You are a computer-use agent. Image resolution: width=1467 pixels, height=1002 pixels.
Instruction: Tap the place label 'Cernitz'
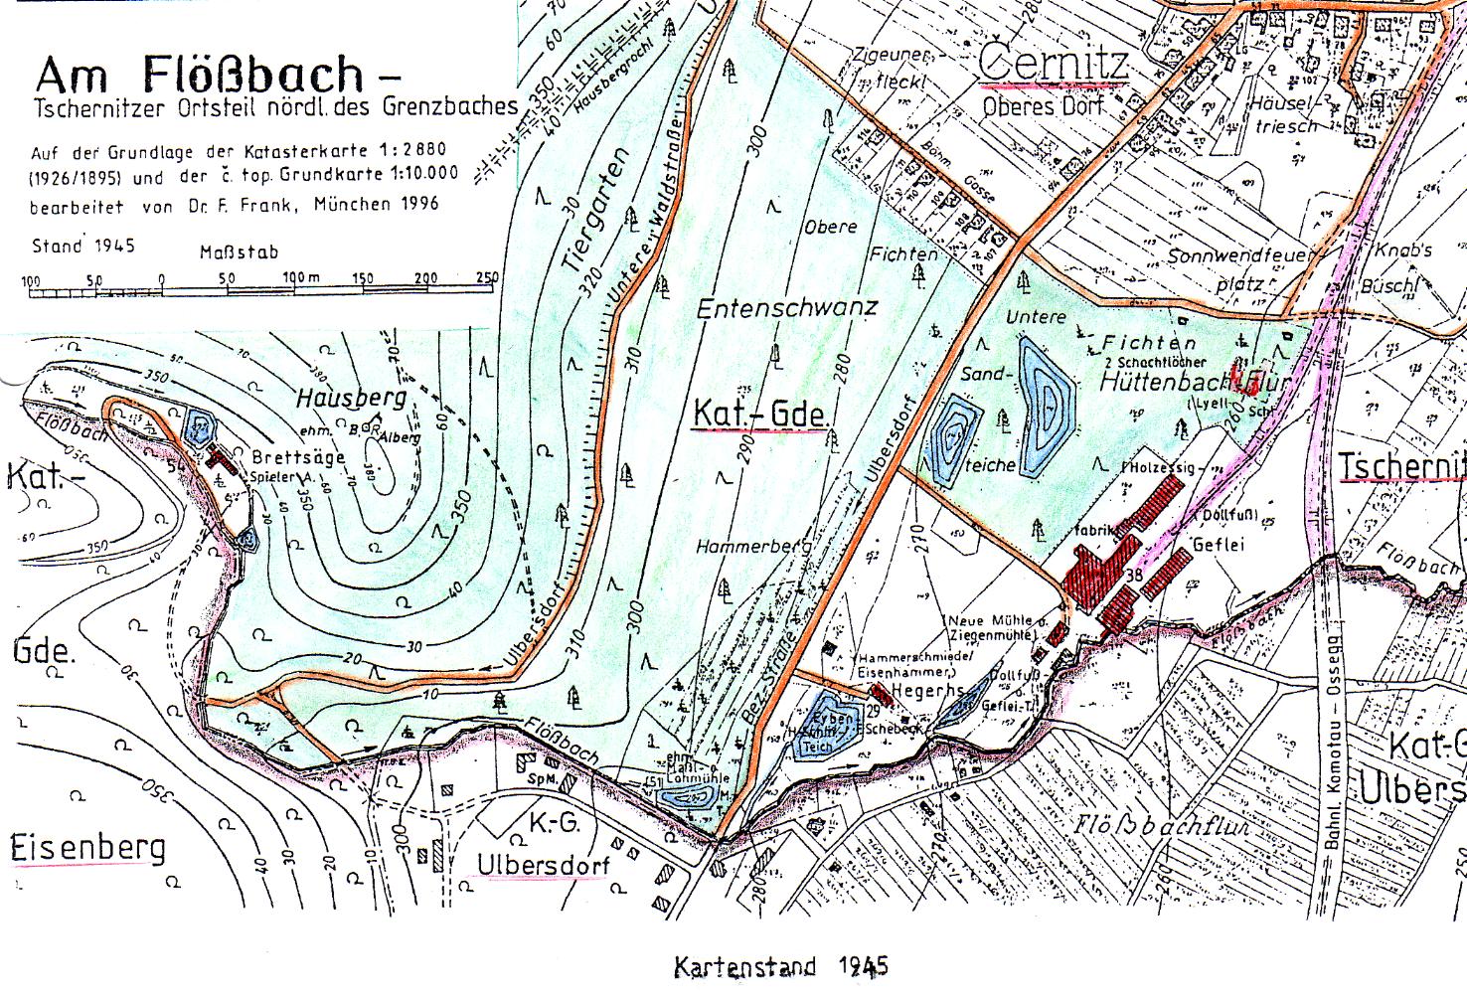[1054, 63]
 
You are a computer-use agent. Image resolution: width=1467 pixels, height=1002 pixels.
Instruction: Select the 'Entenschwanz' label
[786, 307]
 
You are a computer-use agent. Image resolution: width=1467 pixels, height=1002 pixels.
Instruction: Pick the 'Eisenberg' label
[87, 849]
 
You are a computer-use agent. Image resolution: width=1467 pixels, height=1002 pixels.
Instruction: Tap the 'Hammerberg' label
[753, 546]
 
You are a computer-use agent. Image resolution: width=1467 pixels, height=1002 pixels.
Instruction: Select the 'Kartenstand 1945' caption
[781, 966]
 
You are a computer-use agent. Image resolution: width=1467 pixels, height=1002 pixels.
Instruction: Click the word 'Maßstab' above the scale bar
[239, 253]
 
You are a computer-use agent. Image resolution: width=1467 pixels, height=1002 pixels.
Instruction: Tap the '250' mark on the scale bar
[487, 278]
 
